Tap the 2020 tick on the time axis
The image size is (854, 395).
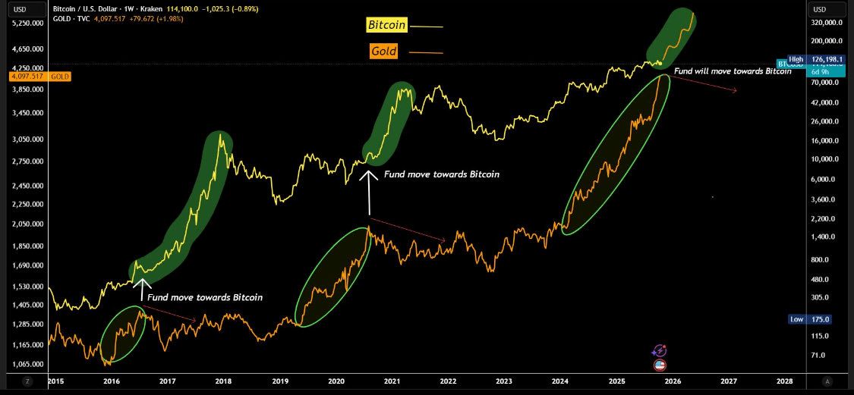tap(336, 381)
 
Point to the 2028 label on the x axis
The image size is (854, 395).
tap(785, 381)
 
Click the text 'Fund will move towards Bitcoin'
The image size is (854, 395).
tap(732, 71)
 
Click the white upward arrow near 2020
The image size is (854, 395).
tap(370, 192)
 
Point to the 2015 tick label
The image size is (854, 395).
tap(55, 381)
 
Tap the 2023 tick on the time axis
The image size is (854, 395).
tap(504, 381)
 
